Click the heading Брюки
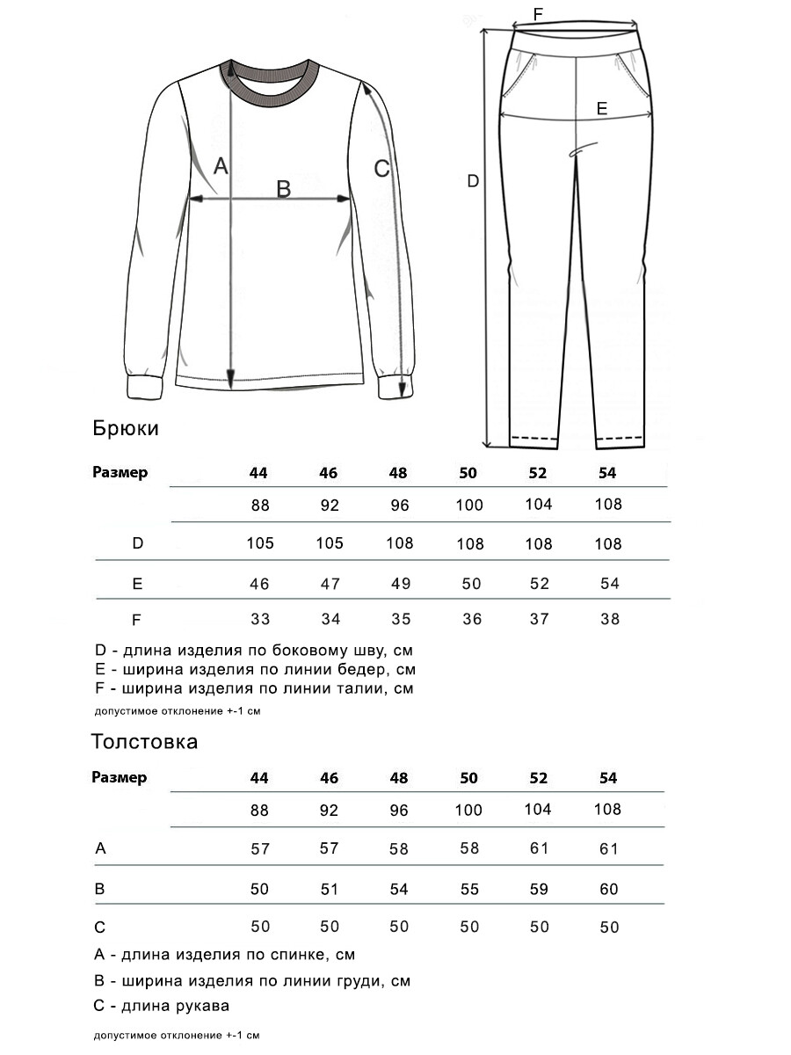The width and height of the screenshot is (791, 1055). (x=126, y=428)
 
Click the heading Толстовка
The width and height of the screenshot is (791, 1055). (x=145, y=741)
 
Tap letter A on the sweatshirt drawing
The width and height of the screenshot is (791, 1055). (x=221, y=165)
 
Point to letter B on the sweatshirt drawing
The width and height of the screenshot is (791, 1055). (x=284, y=188)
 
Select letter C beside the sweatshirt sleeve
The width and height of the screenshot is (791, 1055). (x=381, y=168)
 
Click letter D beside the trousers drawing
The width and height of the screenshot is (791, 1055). (x=473, y=181)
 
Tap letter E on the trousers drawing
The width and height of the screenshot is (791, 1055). (x=602, y=108)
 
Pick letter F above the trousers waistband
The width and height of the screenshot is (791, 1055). (x=539, y=13)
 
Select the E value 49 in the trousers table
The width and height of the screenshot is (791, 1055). (x=399, y=584)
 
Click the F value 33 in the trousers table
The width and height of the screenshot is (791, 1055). (x=259, y=619)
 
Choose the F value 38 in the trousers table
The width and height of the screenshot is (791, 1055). (x=609, y=619)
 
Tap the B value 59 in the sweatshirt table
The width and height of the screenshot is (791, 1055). (x=538, y=889)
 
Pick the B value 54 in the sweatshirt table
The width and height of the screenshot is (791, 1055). (x=399, y=889)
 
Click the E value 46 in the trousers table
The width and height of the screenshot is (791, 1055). (x=259, y=584)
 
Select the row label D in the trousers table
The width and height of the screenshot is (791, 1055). (x=137, y=543)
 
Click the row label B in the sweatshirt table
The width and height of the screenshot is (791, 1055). (x=100, y=889)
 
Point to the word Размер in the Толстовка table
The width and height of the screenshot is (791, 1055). (x=120, y=778)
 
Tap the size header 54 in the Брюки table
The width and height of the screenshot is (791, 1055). (x=607, y=473)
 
